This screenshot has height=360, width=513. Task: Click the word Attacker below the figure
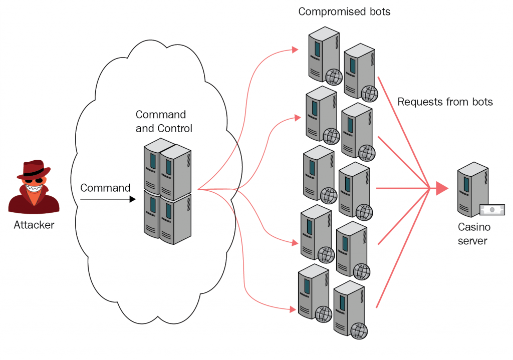[x=34, y=225]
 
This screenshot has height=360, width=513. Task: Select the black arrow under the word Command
[x=108, y=199]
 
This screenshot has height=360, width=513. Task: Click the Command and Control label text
[x=164, y=122]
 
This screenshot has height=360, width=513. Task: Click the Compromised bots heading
[x=344, y=12]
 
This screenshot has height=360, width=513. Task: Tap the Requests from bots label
[x=445, y=102]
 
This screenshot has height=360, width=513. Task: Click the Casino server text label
[x=473, y=234]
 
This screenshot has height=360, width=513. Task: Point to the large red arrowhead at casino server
[x=441, y=188]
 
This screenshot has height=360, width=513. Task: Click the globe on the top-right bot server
[x=369, y=93]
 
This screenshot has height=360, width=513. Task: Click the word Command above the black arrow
[x=105, y=188]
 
